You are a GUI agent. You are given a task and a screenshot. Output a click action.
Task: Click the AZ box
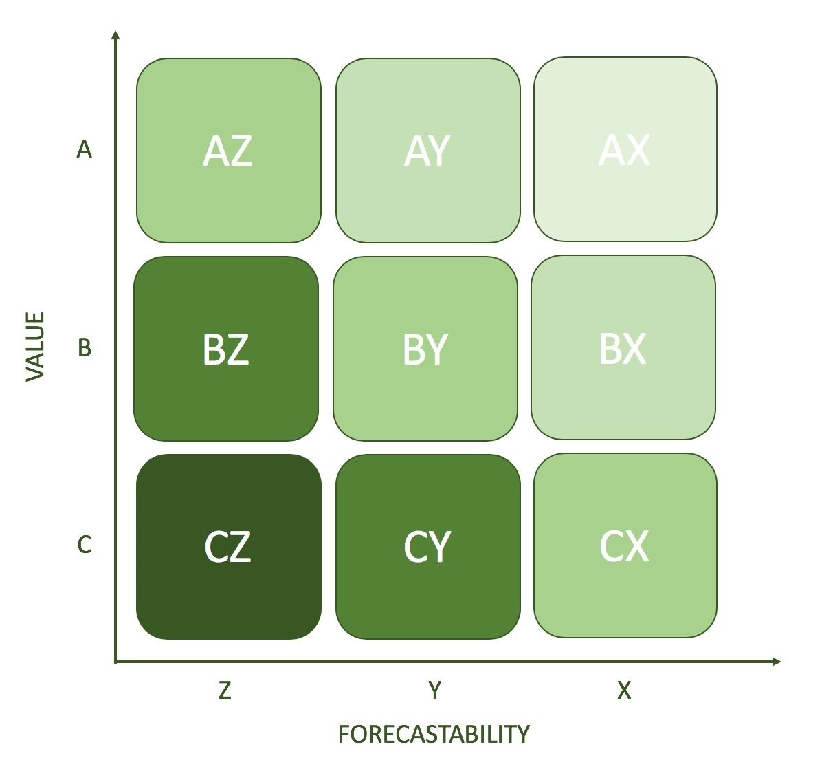[228, 151]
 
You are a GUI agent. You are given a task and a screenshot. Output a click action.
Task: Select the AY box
[427, 151]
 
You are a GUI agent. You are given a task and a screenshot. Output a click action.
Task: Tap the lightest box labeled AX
[625, 149]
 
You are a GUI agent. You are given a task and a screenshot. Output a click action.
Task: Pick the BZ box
[225, 349]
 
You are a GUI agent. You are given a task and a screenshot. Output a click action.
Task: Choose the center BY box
[425, 349]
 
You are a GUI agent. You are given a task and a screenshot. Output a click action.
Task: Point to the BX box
[623, 347]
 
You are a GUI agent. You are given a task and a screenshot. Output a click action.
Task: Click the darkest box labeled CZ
[228, 547]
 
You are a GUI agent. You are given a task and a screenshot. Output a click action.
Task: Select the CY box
[427, 547]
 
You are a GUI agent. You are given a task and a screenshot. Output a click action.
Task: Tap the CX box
[625, 545]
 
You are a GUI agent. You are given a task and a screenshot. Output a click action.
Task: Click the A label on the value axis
[84, 149]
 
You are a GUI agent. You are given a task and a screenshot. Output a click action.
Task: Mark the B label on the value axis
[84, 348]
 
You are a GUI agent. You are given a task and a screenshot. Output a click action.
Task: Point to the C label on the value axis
[84, 545]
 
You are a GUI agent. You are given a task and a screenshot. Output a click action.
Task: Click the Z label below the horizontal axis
[225, 690]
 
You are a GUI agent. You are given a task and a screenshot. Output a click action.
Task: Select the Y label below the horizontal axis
[434, 690]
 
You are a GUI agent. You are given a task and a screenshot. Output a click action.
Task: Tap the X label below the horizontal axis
[623, 690]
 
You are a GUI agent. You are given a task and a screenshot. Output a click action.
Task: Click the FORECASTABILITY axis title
[434, 734]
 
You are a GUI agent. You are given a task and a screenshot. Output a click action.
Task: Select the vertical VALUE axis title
[35, 346]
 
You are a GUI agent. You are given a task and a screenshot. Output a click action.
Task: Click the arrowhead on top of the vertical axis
[115, 34]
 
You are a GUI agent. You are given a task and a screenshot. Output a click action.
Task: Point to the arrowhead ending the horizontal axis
[777, 662]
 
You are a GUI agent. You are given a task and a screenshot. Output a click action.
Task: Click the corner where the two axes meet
[116, 662]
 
